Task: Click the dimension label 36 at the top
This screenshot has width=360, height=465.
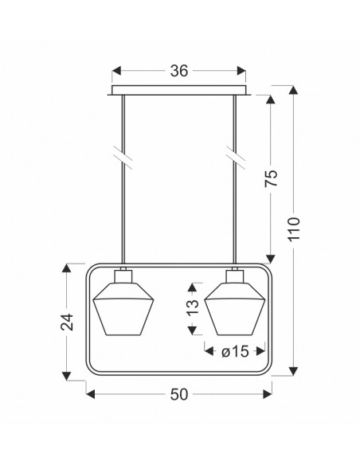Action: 179,71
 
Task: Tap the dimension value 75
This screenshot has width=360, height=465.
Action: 271,178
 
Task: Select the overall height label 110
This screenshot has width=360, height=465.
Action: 294,229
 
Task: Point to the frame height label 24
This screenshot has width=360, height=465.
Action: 67,322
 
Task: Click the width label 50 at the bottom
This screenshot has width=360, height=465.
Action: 179,394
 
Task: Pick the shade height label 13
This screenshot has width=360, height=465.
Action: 193,307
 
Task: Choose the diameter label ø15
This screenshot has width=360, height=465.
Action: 235,352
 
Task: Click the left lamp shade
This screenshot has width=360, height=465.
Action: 123,309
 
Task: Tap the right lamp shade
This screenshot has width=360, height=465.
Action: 235,309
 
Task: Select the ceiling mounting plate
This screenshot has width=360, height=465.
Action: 179,91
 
